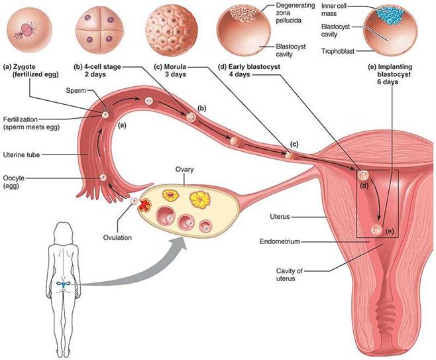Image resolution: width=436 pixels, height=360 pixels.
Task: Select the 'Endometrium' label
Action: pyautogui.click(x=279, y=242)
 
